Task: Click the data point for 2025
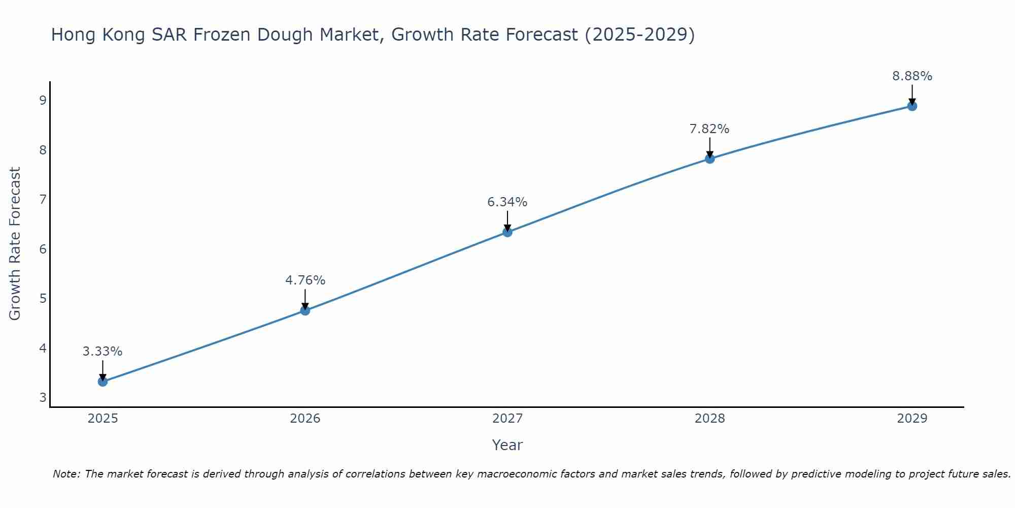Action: pyautogui.click(x=103, y=382)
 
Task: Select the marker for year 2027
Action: pyautogui.click(x=507, y=232)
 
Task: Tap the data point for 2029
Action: pyautogui.click(x=912, y=106)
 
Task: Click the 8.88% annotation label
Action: pyautogui.click(x=912, y=76)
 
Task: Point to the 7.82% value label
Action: pyautogui.click(x=709, y=129)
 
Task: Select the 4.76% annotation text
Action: pyautogui.click(x=305, y=280)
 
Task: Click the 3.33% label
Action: pyautogui.click(x=103, y=352)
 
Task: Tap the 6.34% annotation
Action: pyautogui.click(x=507, y=202)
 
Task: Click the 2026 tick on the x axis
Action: pyautogui.click(x=305, y=419)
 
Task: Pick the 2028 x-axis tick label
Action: pyautogui.click(x=709, y=419)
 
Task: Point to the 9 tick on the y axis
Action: pyautogui.click(x=43, y=100)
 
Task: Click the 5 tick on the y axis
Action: pyautogui.click(x=43, y=298)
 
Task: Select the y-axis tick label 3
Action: pyautogui.click(x=43, y=397)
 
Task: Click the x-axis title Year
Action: pyautogui.click(x=507, y=445)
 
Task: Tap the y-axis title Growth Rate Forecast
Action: pyautogui.click(x=15, y=244)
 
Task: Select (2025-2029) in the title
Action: pyautogui.click(x=639, y=35)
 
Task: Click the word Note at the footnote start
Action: pyautogui.click(x=66, y=474)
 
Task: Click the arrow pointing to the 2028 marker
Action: pyautogui.click(x=709, y=147)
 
